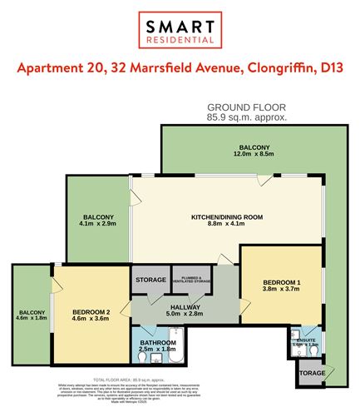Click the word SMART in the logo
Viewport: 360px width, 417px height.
pos(180,25)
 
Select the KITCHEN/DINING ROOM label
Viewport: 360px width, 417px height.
pos(227,216)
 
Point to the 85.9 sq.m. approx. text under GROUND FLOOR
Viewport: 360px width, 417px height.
pos(246,118)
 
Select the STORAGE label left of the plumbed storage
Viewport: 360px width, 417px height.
pos(151,280)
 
